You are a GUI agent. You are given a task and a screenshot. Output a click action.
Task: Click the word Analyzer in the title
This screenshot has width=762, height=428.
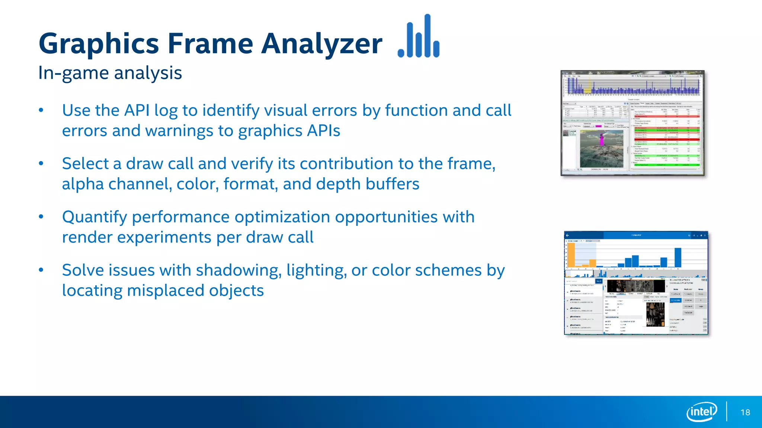(x=321, y=44)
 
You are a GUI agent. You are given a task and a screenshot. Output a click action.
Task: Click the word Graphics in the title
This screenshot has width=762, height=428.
(x=99, y=44)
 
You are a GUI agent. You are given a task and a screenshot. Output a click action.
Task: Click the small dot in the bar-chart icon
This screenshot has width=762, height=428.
(x=401, y=53)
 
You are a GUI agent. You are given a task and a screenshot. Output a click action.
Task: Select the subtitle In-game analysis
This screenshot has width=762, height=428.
(x=110, y=73)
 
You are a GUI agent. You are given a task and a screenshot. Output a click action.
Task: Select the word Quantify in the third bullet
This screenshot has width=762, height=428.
(x=95, y=217)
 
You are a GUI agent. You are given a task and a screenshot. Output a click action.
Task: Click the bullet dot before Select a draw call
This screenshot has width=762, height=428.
(x=41, y=163)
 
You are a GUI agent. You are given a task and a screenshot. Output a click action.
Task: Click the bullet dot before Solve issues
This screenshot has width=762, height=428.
(x=41, y=270)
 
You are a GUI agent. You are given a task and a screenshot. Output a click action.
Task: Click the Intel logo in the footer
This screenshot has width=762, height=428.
(x=701, y=412)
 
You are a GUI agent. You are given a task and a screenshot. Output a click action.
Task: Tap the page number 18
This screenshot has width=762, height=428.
(x=745, y=412)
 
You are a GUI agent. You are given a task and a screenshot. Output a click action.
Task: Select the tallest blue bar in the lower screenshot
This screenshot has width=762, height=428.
(x=678, y=257)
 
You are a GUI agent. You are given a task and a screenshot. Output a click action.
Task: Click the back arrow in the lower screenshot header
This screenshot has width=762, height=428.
(x=567, y=235)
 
